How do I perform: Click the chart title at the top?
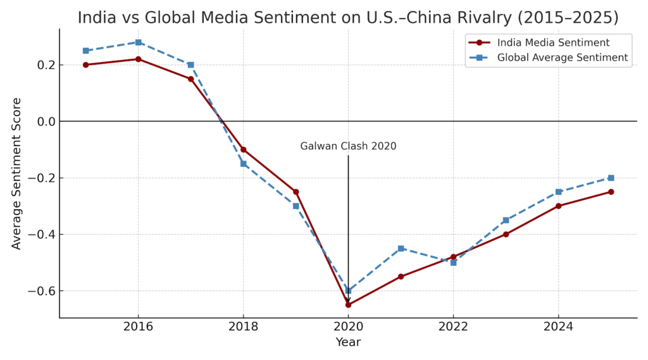tap(348, 17)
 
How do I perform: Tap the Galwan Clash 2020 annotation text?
tap(348, 146)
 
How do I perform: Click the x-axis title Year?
tap(348, 342)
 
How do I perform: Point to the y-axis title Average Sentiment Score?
tap(16, 173)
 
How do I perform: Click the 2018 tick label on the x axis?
tap(243, 326)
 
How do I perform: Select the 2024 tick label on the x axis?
tap(558, 326)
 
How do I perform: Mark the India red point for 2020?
tap(348, 304)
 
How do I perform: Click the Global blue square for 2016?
tap(138, 42)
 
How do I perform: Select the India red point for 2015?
tap(85, 65)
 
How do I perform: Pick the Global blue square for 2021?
tap(401, 249)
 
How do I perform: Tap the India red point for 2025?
tap(611, 192)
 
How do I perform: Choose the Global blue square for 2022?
tap(453, 263)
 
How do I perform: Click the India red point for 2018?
tap(243, 149)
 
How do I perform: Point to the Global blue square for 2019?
tap(296, 206)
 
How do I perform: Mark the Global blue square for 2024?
tap(558, 192)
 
